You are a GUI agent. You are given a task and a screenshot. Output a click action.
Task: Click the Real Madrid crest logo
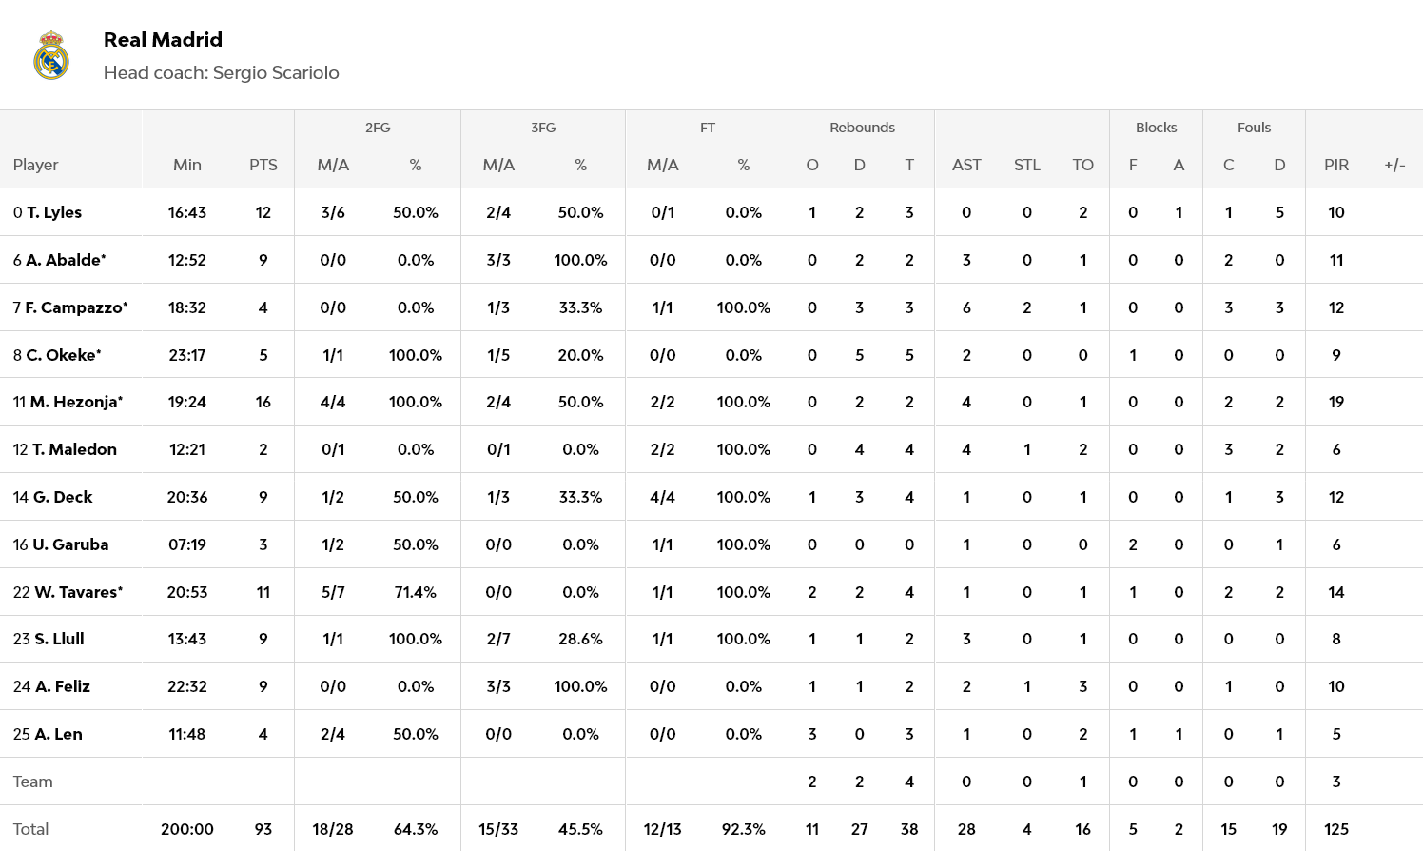(51, 55)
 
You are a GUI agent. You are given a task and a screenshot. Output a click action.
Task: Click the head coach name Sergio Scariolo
(275, 73)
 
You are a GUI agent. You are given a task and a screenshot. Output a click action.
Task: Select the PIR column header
(1335, 165)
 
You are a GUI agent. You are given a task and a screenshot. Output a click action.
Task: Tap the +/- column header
(1394, 165)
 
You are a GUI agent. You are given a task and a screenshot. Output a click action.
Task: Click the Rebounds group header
(862, 128)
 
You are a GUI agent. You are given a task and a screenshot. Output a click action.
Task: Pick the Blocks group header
(1156, 128)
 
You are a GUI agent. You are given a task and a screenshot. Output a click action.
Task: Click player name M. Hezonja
(75, 402)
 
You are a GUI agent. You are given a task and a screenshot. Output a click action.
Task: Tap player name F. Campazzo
(75, 307)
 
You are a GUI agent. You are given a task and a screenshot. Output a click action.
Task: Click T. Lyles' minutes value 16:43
(187, 212)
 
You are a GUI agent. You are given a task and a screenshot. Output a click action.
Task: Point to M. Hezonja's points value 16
(263, 402)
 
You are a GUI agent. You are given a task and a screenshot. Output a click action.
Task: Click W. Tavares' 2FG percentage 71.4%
(416, 592)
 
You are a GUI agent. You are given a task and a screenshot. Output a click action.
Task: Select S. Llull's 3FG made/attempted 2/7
(498, 639)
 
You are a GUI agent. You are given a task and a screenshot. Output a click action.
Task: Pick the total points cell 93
(263, 829)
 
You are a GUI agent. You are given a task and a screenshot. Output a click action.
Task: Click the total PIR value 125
(1335, 829)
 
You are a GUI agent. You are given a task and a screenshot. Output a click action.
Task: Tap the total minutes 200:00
(187, 829)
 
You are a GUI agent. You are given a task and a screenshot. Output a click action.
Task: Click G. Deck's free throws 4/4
(662, 497)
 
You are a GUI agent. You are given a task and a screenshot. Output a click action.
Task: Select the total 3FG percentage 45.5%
(580, 829)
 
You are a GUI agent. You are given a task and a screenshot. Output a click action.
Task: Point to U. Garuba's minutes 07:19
(187, 544)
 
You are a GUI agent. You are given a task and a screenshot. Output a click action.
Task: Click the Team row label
(33, 782)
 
